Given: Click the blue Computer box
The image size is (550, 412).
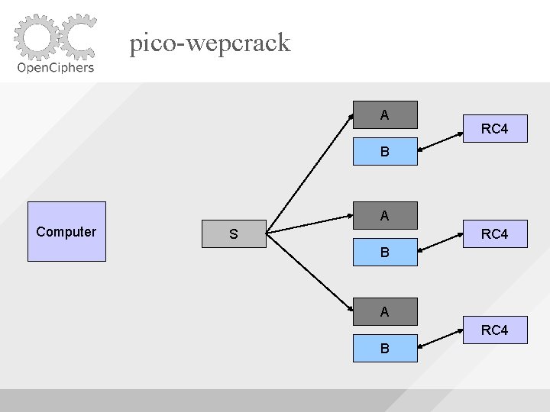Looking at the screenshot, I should coord(66,231).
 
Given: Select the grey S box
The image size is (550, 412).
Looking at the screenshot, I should coord(233,234).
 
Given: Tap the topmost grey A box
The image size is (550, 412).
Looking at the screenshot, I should coord(385,114).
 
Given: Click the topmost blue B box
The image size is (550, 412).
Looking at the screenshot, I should coord(385,151).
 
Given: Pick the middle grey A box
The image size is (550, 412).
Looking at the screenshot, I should coord(385,215).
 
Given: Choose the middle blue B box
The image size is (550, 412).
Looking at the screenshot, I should coord(385,251).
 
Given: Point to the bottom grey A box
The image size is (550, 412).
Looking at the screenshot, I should coord(385,311).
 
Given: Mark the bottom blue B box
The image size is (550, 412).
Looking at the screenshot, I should coord(385,348).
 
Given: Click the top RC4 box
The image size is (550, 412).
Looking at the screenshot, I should coord(494,128).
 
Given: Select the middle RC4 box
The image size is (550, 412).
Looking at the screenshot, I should coord(494,233).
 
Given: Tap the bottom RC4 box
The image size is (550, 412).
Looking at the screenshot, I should coord(494,330).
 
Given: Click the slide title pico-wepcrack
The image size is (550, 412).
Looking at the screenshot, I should coord(210,43).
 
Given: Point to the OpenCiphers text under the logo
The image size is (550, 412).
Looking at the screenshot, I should coord(56,67).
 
